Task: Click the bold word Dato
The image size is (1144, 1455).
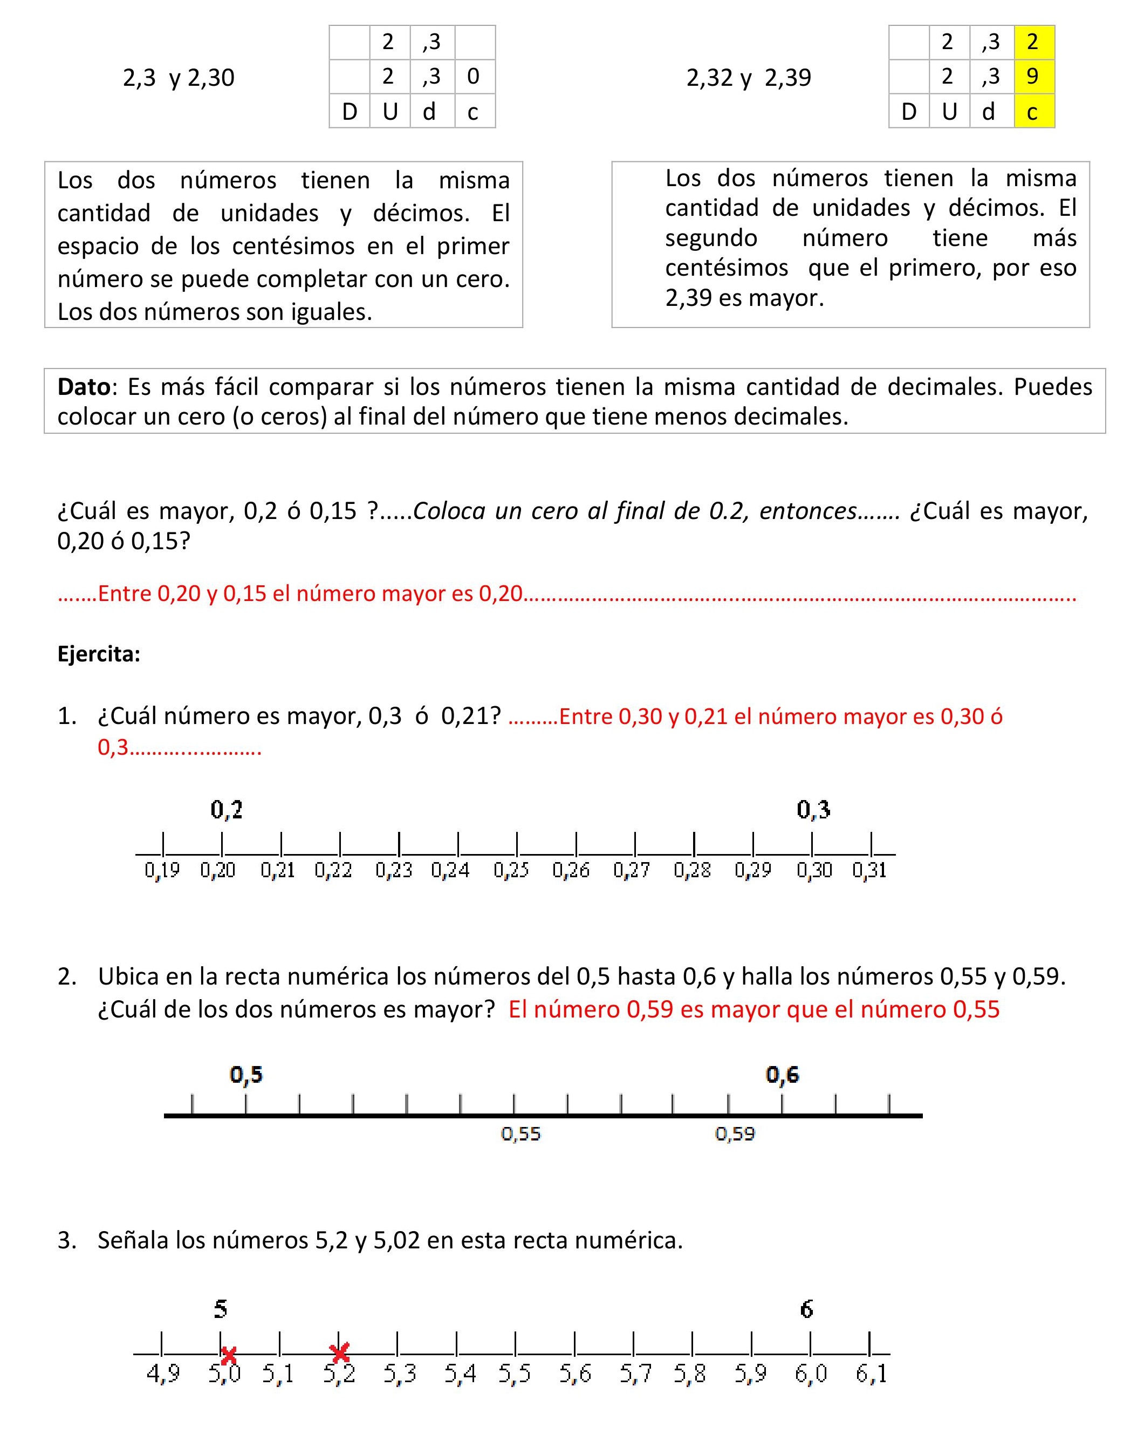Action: pos(84,387)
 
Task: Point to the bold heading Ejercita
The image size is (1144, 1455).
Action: pos(99,654)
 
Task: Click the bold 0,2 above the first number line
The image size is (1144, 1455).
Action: pos(227,810)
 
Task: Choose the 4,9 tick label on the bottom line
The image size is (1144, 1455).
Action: pos(163,1374)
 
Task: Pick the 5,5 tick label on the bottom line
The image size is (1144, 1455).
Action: pos(515,1374)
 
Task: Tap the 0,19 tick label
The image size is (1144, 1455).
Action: pos(162,870)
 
